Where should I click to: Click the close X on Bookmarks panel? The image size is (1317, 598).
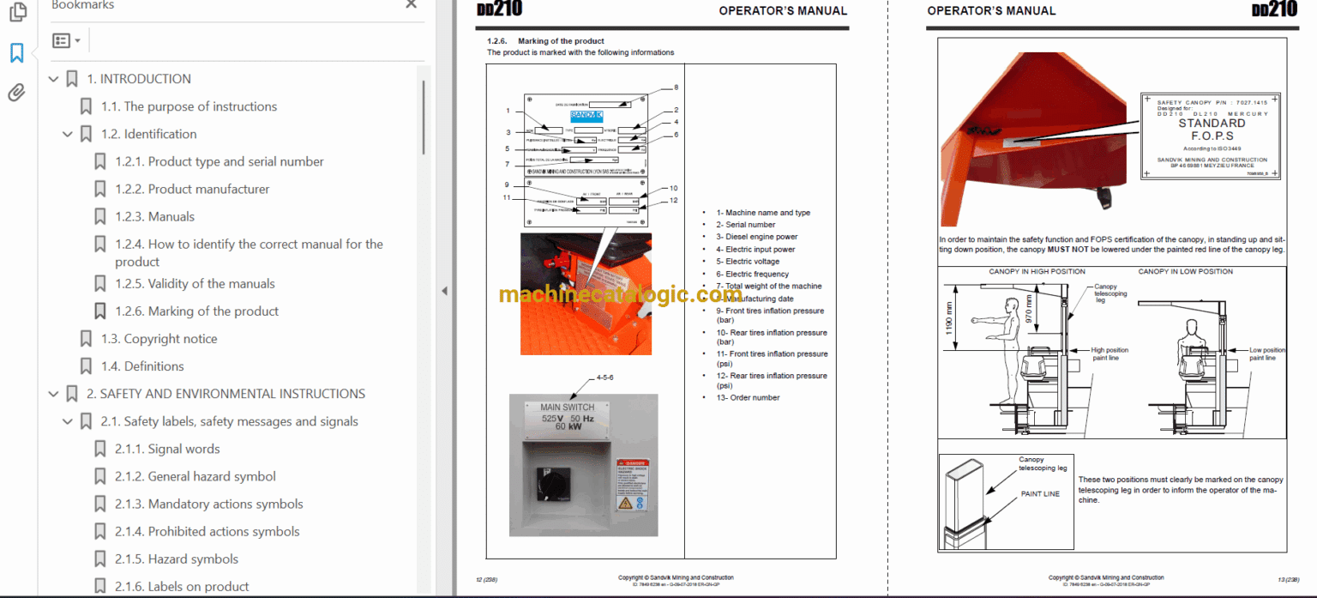[411, 5]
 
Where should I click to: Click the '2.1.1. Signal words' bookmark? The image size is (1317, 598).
[183, 449]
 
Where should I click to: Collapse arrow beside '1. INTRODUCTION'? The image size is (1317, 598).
[54, 79]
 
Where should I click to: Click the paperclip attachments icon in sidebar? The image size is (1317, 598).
[16, 93]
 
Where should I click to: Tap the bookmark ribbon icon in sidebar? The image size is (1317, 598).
[16, 53]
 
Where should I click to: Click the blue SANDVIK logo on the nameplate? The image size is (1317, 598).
[586, 114]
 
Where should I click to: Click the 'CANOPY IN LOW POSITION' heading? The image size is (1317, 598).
[1185, 271]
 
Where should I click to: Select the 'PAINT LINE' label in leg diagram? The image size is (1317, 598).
[1040, 494]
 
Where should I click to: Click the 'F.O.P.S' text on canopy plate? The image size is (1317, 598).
[1211, 136]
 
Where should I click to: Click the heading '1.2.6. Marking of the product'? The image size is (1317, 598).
[545, 40]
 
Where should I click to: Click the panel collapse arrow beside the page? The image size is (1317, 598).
[444, 291]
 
